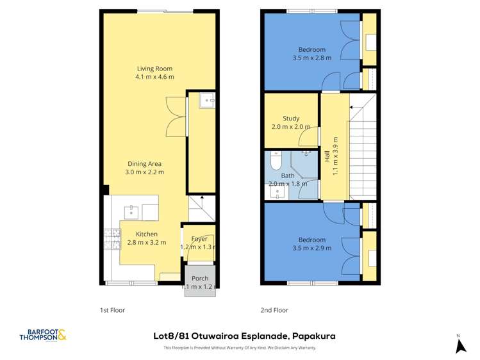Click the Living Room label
pyautogui.click(x=154, y=69)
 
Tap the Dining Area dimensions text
pyautogui.click(x=145, y=172)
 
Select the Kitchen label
pyautogui.click(x=146, y=234)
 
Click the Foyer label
pyautogui.click(x=199, y=238)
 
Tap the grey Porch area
pyautogui.click(x=199, y=282)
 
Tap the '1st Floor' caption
pyautogui.click(x=112, y=310)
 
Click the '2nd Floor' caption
pyautogui.click(x=274, y=310)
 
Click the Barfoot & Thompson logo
pyautogui.click(x=43, y=335)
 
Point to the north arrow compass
pyautogui.click(x=459, y=345)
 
